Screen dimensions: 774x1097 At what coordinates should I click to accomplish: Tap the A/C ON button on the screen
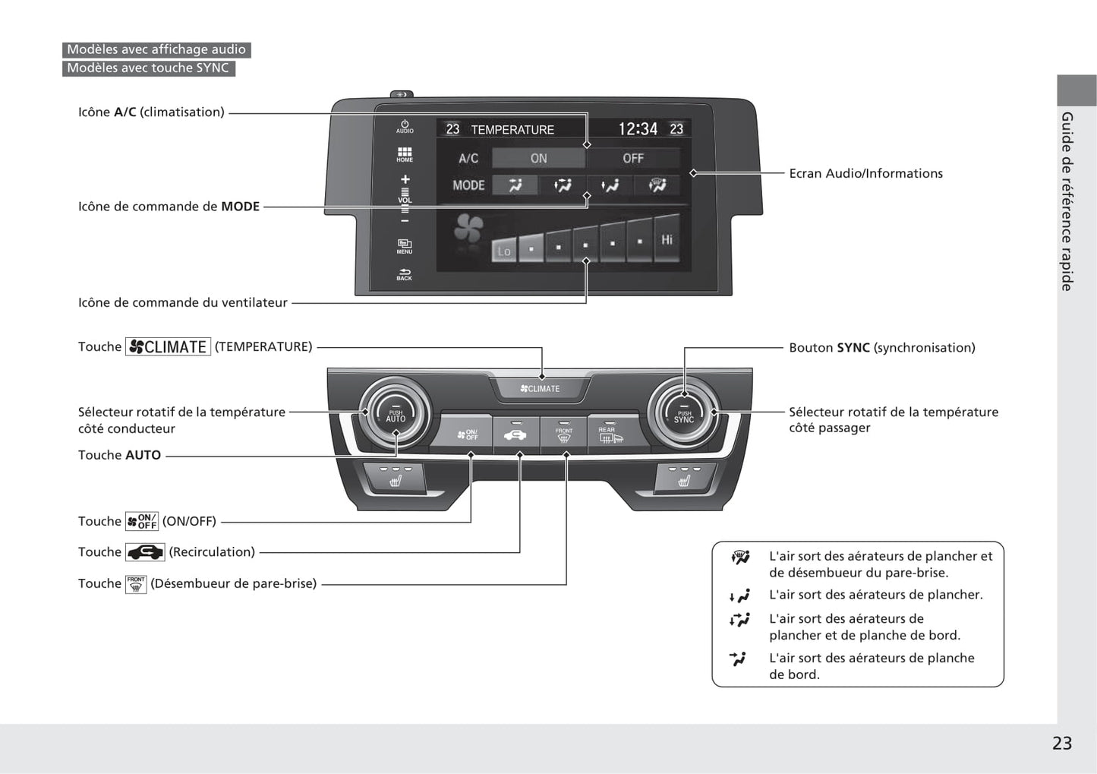point(538,158)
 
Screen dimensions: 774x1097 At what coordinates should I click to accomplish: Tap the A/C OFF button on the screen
point(633,158)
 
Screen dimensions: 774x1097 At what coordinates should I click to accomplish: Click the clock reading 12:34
point(638,129)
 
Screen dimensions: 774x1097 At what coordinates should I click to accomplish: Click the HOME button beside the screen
point(405,154)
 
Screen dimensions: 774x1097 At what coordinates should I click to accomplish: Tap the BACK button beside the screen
point(405,274)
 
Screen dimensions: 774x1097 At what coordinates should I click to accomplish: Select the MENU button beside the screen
point(405,246)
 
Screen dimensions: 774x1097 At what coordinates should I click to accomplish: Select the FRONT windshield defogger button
point(563,434)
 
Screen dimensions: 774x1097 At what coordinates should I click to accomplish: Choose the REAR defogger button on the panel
point(610,434)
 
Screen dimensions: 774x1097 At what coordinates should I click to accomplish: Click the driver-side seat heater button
point(395,479)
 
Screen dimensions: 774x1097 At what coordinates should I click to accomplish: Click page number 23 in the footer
point(1061,743)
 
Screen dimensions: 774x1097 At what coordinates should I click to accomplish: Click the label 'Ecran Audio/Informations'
point(865,173)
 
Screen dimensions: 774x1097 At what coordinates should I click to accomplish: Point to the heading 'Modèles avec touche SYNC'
point(148,68)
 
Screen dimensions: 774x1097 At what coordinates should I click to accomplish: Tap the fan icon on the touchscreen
point(468,229)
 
